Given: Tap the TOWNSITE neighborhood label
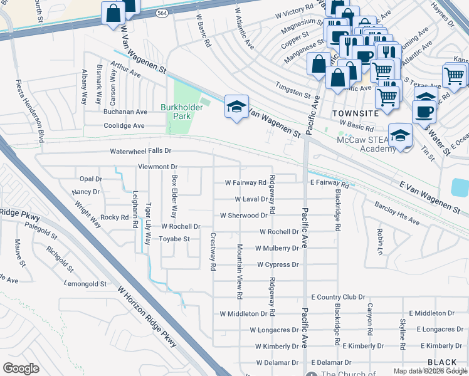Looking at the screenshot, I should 356,113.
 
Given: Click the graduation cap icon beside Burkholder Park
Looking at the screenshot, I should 236,107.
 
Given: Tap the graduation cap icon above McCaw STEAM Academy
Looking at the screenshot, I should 399,135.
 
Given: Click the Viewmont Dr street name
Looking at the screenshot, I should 158,167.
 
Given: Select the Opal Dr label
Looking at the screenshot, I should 90,179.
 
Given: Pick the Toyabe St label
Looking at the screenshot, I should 174,239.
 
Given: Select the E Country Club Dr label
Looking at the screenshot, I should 338,297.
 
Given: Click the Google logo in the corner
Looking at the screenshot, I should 21,368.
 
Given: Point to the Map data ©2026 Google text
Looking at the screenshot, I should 430,371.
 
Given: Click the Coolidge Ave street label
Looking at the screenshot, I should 124,125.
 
